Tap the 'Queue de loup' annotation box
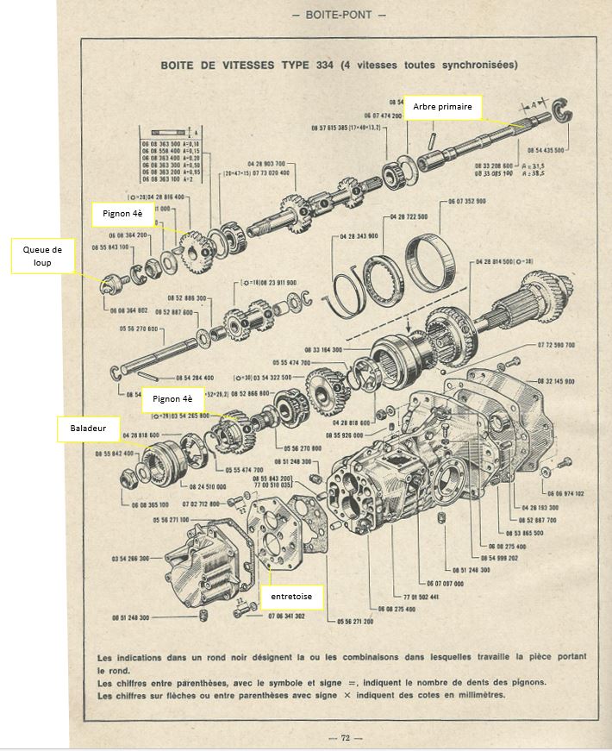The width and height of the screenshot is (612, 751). (x=42, y=256)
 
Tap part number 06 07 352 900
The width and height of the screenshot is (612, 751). (x=467, y=201)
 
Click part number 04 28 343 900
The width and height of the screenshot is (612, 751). (x=356, y=235)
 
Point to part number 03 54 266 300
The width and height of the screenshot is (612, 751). (x=131, y=559)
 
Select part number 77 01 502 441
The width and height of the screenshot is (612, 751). (x=422, y=596)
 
